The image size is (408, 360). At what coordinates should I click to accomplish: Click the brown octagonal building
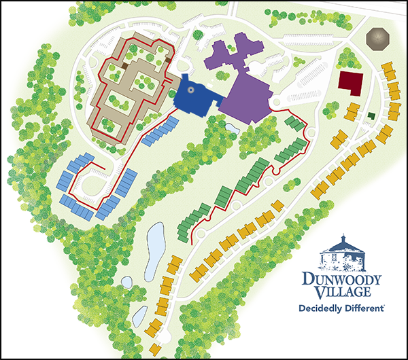coord(376,39)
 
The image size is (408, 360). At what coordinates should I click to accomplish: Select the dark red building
coord(350,84)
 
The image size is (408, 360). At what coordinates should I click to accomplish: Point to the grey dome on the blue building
coord(191,88)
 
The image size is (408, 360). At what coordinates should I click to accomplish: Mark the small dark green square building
coord(371,115)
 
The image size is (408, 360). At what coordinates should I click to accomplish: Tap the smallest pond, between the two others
coord(126,280)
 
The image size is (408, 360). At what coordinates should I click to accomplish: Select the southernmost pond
coord(139,314)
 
